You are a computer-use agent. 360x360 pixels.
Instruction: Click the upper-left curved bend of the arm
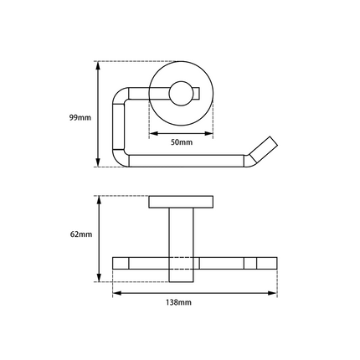click(x=123, y=94)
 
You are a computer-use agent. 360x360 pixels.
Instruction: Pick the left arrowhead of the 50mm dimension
click(x=152, y=134)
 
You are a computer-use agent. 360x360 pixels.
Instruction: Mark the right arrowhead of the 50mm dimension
click(x=212, y=134)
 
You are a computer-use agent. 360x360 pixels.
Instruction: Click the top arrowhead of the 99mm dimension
click(x=99, y=64)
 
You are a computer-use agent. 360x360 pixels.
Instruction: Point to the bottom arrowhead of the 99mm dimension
click(x=99, y=164)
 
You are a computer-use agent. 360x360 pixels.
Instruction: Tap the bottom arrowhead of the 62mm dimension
click(x=99, y=277)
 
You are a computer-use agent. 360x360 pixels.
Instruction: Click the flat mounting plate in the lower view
click(x=182, y=202)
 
